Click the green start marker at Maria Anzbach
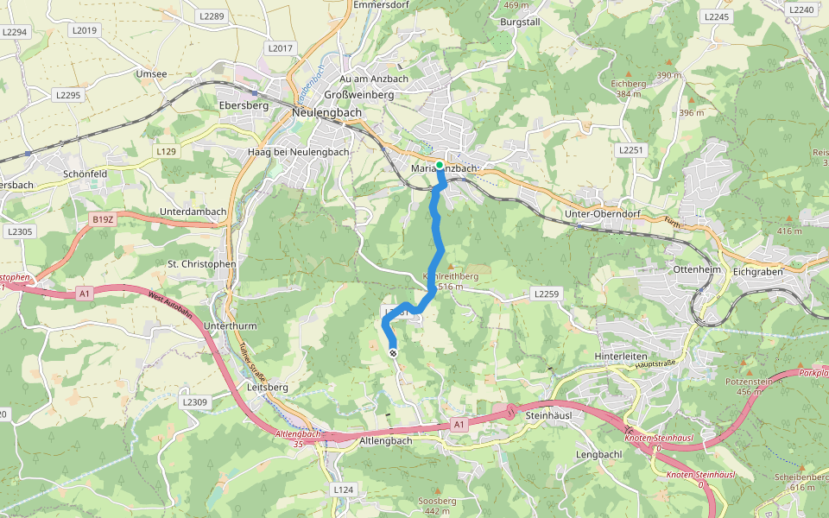pyautogui.click(x=440, y=165)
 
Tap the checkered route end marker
pyautogui.click(x=393, y=353)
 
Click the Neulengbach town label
pyautogui.click(x=327, y=113)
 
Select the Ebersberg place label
pyautogui.click(x=244, y=105)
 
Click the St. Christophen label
pyautogui.click(x=201, y=263)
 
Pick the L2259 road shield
pyautogui.click(x=547, y=295)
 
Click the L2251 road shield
pyautogui.click(x=631, y=149)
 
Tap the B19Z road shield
pyautogui.click(x=103, y=219)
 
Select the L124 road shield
pyautogui.click(x=343, y=490)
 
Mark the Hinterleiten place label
pyautogui.click(x=621, y=355)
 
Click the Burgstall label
pyautogui.click(x=519, y=20)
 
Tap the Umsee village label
pyautogui.click(x=151, y=74)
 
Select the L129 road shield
pyautogui.click(x=166, y=151)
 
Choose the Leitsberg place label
pyautogui.click(x=267, y=387)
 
